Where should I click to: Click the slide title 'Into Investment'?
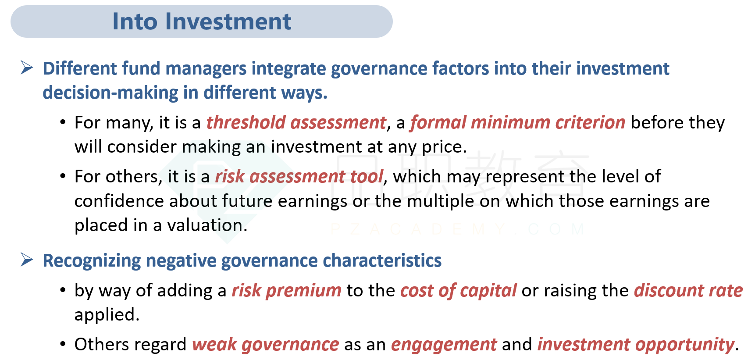click(202, 21)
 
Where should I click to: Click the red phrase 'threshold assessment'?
click(296, 123)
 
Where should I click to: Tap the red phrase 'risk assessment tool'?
click(299, 177)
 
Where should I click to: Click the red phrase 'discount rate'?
click(688, 291)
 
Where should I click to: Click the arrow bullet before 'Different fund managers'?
click(27, 68)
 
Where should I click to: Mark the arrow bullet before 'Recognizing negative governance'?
click(27, 260)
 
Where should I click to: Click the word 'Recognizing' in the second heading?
click(92, 261)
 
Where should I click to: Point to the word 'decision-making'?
click(110, 93)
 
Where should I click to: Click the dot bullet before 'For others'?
click(63, 176)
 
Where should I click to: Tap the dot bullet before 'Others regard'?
click(63, 344)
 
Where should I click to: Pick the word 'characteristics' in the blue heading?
click(382, 261)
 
